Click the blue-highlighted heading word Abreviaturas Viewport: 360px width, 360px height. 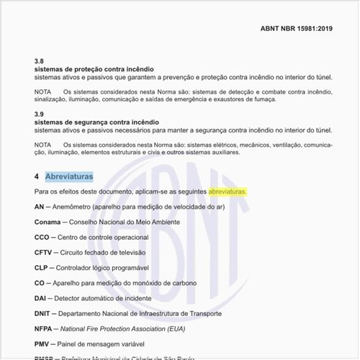point(68,176)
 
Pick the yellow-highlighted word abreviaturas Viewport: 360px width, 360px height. point(228,192)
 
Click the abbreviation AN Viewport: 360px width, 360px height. point(39,207)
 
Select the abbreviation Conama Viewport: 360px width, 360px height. point(47,222)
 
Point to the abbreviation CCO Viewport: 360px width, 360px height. point(42,237)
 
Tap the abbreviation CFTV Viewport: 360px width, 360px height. point(43,253)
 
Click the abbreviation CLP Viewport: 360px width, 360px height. point(41,268)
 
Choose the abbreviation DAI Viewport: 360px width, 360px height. point(40,298)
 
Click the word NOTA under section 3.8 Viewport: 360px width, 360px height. point(43,92)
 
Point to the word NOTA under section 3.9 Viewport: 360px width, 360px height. point(43,145)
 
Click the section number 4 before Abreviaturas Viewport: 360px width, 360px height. point(36,176)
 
